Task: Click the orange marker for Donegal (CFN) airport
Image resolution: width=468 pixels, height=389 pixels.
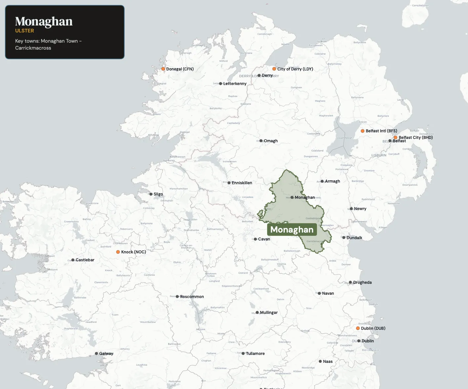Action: click(x=163, y=69)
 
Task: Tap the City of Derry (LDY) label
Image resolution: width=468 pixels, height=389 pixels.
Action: click(x=295, y=69)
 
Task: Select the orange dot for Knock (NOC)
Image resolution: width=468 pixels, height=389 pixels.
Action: click(x=118, y=252)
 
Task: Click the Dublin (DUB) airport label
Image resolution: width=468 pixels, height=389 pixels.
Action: click(x=373, y=328)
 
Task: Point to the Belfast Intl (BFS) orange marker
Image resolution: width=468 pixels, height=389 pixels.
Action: click(x=363, y=131)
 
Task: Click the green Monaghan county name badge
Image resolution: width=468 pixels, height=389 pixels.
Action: click(x=292, y=230)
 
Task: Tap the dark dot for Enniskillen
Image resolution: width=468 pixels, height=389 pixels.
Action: click(x=229, y=183)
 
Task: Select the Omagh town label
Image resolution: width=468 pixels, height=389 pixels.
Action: click(x=270, y=141)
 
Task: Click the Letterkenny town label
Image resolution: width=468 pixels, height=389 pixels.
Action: click(x=235, y=84)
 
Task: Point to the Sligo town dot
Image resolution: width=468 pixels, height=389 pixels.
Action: click(x=151, y=194)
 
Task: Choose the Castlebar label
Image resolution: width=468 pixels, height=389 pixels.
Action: click(x=85, y=260)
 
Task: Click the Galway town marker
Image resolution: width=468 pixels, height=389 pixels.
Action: click(x=97, y=354)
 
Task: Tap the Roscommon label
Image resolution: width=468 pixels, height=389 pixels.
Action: click(x=192, y=297)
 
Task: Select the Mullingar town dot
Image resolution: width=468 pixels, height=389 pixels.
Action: click(x=257, y=313)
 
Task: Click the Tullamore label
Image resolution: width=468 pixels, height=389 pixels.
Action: click(x=255, y=354)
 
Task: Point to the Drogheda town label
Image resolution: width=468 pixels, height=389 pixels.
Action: click(x=362, y=282)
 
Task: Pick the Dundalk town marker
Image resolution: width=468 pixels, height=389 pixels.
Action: click(x=344, y=238)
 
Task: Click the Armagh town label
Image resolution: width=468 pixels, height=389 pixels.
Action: click(x=332, y=181)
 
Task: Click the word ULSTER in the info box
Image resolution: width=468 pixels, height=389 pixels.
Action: click(x=24, y=30)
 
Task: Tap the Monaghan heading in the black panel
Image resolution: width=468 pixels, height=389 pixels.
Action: click(x=44, y=21)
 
